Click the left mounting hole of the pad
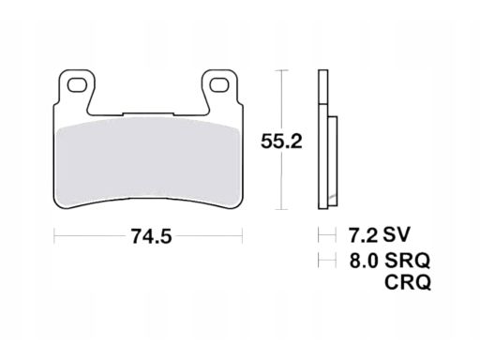[x=78, y=85]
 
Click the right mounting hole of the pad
[x=219, y=85]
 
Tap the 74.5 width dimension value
[x=151, y=236]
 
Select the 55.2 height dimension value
[x=281, y=142]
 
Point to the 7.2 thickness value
[x=363, y=234]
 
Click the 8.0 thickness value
[x=364, y=261]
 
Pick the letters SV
[x=397, y=234]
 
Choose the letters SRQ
[x=408, y=261]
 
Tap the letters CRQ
[x=408, y=282]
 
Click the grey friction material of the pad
[x=148, y=162]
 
